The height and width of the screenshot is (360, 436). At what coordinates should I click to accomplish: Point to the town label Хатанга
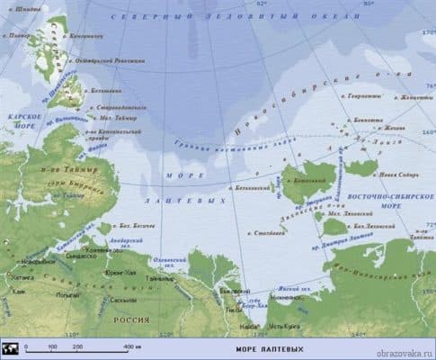pos(14,280)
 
